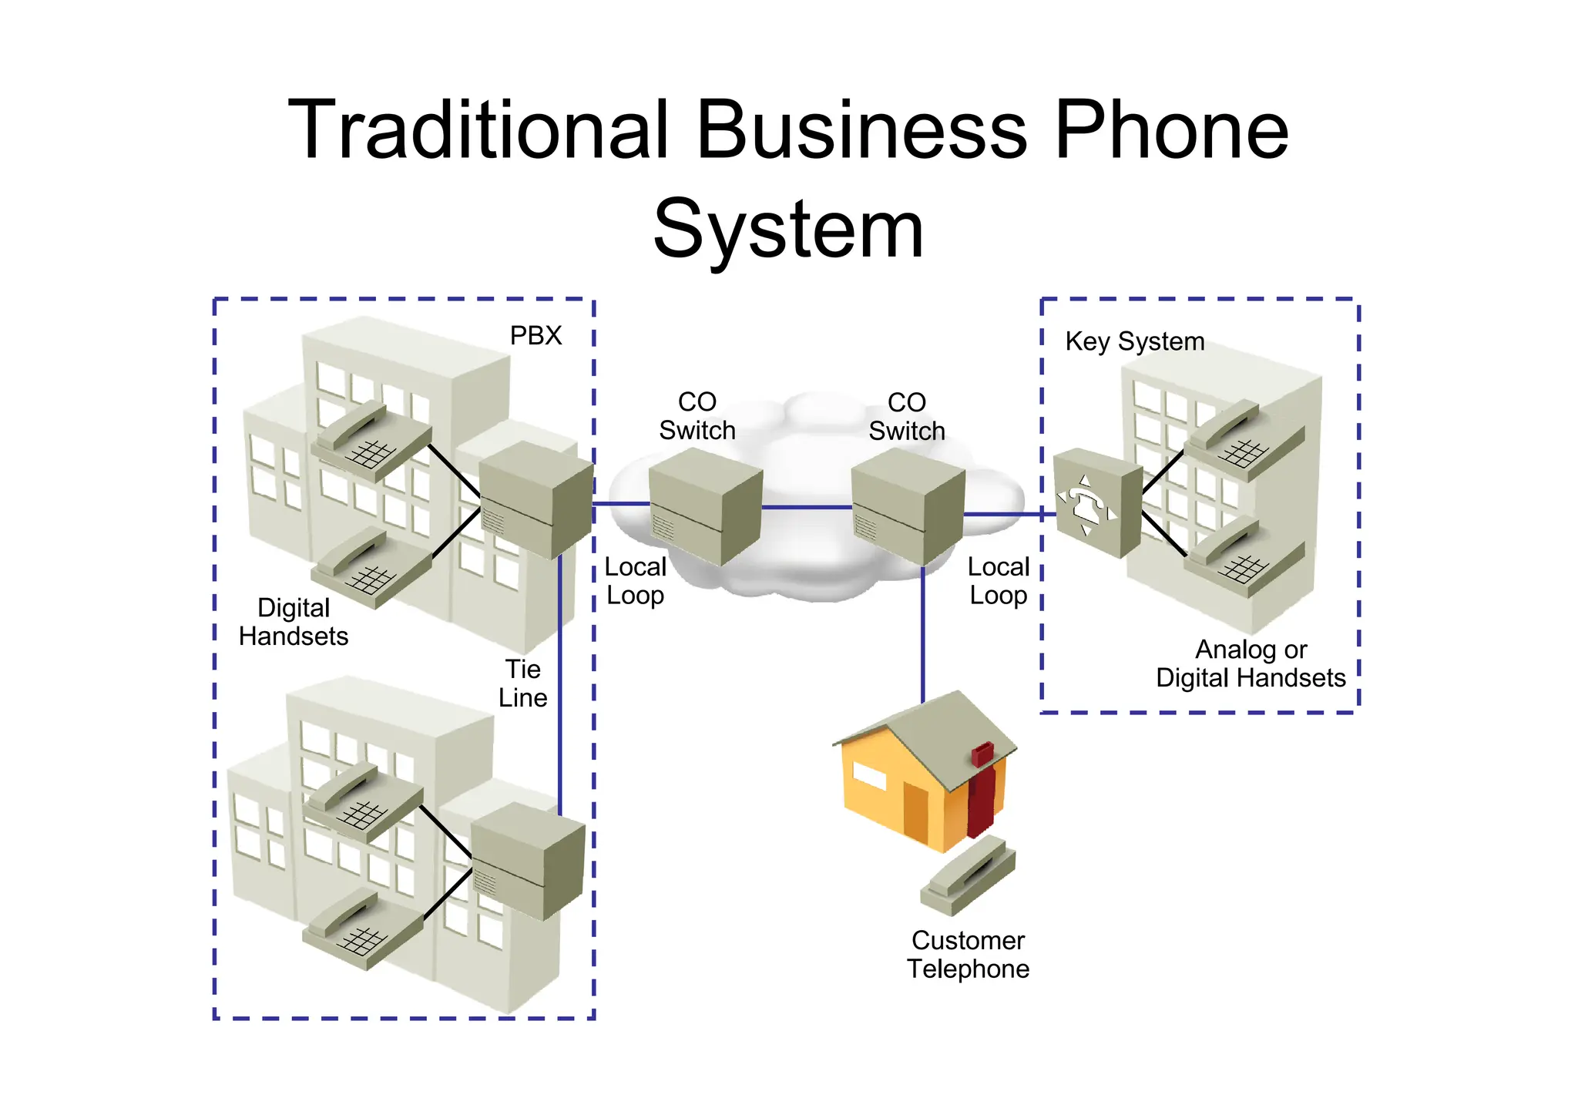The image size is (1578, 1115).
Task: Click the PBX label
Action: pos(536,336)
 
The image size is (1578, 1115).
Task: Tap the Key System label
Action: pos(1134,341)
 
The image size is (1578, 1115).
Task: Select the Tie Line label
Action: pos(522,683)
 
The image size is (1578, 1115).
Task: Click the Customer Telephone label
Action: pos(968,955)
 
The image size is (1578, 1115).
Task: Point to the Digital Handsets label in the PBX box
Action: pos(294,622)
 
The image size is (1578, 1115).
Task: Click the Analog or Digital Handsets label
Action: pos(1251,663)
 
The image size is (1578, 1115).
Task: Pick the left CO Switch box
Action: pos(705,506)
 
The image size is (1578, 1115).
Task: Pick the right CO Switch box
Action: pos(908,506)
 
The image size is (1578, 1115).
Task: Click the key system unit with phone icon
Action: pos(1096,502)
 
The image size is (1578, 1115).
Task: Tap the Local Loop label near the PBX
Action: pos(635,581)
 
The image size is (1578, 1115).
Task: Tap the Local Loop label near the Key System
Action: pos(999,581)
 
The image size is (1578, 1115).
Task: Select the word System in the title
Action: pos(788,229)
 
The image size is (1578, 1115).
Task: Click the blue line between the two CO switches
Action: pos(807,507)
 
